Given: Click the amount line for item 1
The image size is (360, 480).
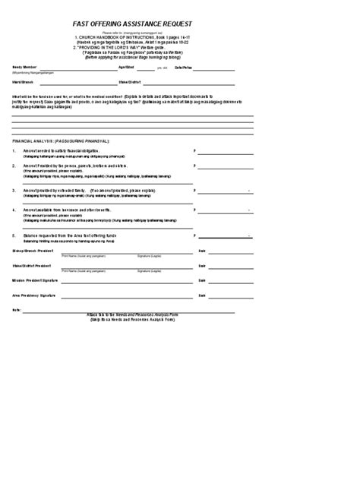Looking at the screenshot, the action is click(226, 153).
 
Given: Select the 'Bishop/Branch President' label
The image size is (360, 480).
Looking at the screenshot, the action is click(33, 251).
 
